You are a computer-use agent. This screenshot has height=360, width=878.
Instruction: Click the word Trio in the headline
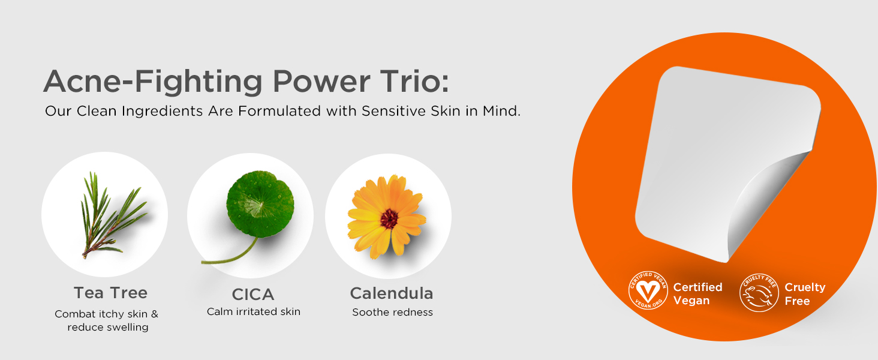point(415,81)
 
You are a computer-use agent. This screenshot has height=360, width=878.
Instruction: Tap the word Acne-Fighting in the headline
point(152,81)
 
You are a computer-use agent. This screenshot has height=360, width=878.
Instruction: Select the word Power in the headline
point(321,82)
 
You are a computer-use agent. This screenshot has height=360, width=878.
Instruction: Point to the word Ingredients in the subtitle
point(162,111)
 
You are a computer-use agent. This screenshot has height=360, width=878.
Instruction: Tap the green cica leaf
point(260,204)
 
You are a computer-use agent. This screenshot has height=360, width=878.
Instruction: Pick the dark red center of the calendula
point(389,218)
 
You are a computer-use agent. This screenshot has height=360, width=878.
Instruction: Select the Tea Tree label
point(110,293)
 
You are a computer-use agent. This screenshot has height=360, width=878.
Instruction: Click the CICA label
point(253,295)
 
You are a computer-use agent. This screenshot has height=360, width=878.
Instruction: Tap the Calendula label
point(391,293)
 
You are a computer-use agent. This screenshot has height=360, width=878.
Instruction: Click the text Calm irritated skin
point(254,312)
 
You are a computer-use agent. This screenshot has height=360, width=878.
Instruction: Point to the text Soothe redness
point(392,312)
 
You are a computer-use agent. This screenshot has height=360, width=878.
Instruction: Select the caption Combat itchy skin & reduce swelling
point(107,320)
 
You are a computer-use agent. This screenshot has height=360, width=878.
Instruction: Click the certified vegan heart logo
point(648,290)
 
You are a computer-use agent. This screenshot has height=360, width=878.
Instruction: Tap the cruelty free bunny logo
point(759,293)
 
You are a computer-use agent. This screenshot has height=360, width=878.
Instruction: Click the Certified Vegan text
point(697,294)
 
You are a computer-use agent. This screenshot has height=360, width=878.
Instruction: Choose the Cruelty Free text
point(805,294)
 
